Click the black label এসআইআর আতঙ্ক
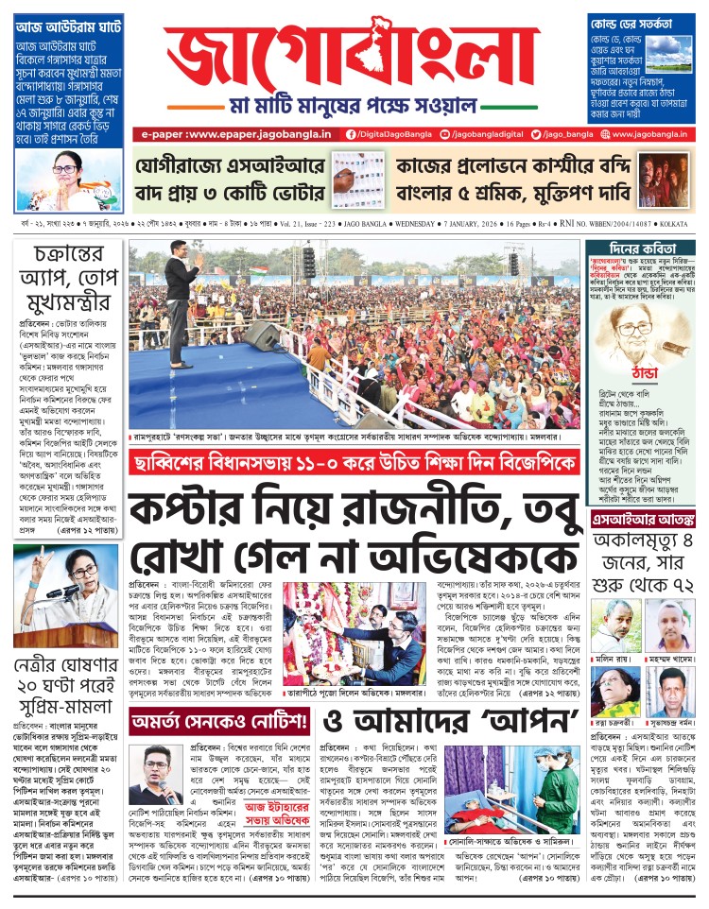(642, 521)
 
